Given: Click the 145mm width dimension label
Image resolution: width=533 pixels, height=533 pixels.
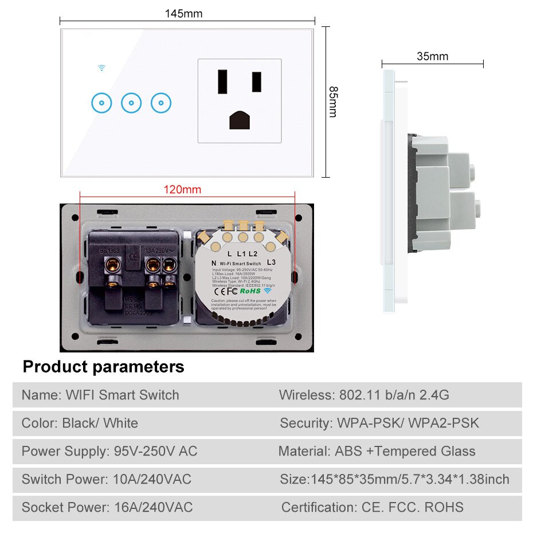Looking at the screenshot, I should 183,13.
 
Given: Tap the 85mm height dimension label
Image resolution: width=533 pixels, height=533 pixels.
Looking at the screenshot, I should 332,102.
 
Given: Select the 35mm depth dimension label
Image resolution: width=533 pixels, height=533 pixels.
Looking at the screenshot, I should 432,56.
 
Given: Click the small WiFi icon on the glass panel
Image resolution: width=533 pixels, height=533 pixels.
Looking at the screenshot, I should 101,68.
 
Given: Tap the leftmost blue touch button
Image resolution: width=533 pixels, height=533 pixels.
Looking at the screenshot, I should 101,103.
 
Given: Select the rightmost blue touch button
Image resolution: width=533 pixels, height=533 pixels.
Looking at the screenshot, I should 161,103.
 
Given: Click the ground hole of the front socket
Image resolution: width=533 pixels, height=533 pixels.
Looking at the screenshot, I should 239,119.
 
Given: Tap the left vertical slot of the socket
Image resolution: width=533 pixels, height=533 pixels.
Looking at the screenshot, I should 221,83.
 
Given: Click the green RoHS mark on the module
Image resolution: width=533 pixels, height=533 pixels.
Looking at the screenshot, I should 249,291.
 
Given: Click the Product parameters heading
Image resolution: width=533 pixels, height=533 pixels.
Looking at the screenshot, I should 104,367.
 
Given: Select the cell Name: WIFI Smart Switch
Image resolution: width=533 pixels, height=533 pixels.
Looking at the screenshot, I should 100,395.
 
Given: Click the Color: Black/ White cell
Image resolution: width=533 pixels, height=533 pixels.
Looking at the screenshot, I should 80,424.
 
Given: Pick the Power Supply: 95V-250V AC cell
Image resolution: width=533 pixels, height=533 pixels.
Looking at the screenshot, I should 109,451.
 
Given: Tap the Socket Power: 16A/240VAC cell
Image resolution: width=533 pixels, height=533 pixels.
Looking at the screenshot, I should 107,507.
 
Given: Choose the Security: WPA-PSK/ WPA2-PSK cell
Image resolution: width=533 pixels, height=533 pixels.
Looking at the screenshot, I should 379,424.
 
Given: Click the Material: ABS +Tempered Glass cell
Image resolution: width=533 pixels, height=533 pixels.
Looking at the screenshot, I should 377,451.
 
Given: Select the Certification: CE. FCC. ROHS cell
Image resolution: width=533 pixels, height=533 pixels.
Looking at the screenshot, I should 372,507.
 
